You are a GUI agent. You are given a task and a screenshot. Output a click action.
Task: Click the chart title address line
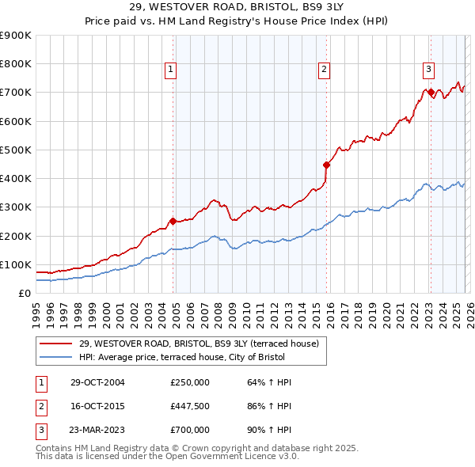tap(237, 7)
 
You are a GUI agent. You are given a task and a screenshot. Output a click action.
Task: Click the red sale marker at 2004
tap(173, 221)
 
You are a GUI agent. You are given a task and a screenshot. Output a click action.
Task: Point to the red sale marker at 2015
tap(326, 165)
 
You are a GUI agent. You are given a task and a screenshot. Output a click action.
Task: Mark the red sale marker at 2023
tap(430, 93)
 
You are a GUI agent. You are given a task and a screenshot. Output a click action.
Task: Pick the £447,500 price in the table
tap(190, 406)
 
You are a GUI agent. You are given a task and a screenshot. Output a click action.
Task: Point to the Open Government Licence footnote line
tap(167, 457)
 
